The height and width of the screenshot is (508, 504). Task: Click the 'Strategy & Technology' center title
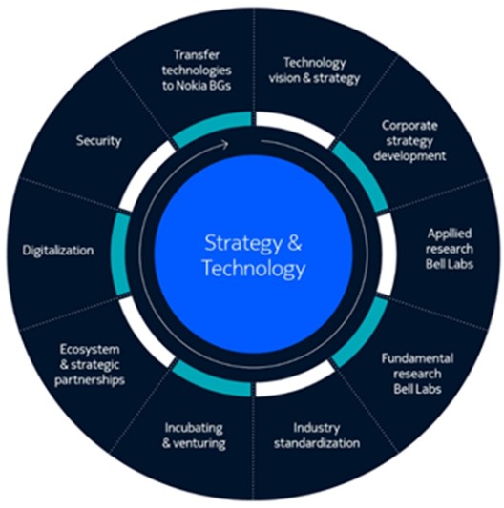point(254,256)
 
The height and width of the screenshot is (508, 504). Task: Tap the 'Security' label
point(99,141)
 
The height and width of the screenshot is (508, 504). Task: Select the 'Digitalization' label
point(58,251)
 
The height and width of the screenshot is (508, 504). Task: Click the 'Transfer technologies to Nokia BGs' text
point(197,71)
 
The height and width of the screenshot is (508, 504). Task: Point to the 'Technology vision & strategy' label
point(314,71)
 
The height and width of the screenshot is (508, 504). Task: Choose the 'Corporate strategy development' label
point(409,141)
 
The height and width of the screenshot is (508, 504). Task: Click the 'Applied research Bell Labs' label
point(450,249)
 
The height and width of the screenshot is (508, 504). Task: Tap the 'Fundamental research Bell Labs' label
point(417,374)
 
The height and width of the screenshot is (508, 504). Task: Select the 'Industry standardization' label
point(317,436)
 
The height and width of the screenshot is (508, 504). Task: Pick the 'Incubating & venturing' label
point(194,436)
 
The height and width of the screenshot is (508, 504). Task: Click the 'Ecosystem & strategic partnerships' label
point(90,365)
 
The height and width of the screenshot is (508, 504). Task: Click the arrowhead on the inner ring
point(225,145)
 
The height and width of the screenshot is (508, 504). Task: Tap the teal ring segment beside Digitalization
point(120,254)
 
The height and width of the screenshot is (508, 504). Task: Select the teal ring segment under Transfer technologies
point(210,126)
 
